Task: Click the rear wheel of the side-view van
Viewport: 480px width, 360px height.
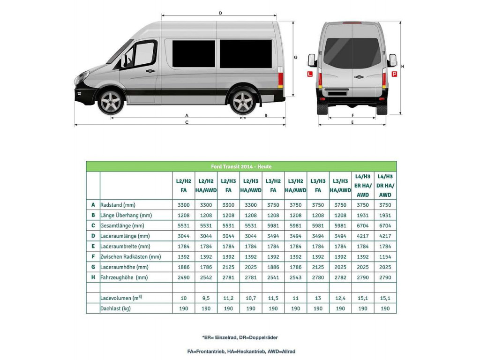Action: point(243,102)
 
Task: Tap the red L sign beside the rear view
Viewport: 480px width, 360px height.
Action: point(309,74)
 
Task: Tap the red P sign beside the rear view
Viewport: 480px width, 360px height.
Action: point(394,74)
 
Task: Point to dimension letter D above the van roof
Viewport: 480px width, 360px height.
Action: point(220,13)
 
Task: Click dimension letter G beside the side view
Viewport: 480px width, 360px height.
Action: point(296,57)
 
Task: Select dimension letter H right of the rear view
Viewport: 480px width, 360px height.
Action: point(403,66)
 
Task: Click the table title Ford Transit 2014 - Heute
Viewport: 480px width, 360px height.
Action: point(241,166)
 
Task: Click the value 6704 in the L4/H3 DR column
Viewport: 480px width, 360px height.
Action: point(385,225)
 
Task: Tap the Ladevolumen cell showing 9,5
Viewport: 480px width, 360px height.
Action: point(206,298)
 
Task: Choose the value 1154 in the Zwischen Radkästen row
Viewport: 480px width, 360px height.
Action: point(385,257)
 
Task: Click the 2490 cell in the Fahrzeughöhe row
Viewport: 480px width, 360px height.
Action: point(183,277)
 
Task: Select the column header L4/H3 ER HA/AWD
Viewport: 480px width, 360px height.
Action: point(362,186)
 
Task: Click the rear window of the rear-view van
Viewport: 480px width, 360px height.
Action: point(352,52)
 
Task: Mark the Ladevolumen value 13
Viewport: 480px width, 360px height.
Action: point(318,298)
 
